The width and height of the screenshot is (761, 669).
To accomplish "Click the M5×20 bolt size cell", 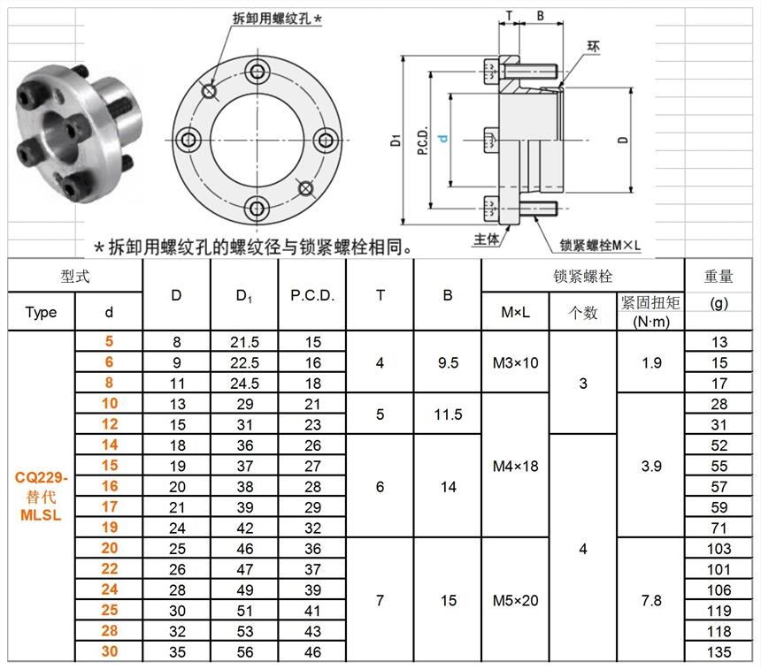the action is (515, 600).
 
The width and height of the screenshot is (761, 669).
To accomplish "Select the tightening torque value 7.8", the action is (650, 600).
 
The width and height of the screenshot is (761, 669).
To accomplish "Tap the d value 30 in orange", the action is (109, 651).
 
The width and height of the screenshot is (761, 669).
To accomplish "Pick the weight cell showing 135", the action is (719, 652).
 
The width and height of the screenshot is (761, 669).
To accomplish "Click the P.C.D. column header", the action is (312, 295).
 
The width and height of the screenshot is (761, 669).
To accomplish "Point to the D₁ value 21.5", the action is (244, 342).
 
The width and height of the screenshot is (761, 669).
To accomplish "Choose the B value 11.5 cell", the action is (448, 414).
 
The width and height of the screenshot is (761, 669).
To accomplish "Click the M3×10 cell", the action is (515, 362).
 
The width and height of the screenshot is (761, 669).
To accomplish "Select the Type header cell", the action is (42, 312).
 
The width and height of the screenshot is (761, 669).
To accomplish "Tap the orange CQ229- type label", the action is (42, 477).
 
